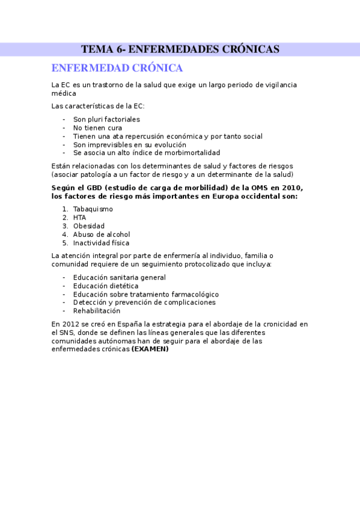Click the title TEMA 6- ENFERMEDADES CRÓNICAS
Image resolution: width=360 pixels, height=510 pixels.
(180, 49)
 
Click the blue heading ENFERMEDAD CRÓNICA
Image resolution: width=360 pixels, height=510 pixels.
(117, 68)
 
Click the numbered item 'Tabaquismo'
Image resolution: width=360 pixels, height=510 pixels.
(93, 209)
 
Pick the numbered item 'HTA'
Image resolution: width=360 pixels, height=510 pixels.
(79, 218)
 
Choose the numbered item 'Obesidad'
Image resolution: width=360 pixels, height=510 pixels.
(89, 226)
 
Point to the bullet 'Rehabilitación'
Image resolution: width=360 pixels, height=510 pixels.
(96, 311)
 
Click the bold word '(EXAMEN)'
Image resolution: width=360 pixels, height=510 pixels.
(150, 349)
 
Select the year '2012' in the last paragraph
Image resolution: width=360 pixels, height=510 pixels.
(69, 324)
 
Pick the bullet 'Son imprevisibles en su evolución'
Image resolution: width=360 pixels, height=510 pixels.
(129, 145)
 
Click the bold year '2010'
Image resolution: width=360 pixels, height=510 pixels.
(283, 188)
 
